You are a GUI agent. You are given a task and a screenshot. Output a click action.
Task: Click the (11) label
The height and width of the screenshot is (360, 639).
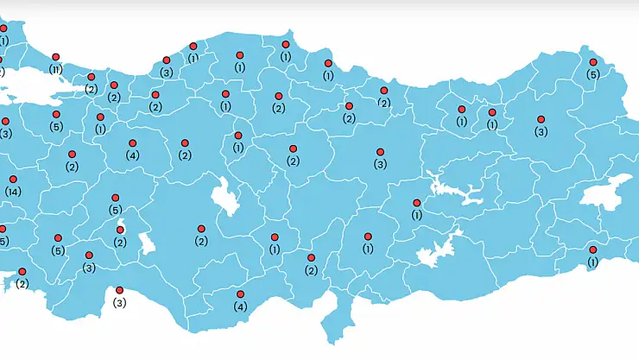click(x=55, y=69)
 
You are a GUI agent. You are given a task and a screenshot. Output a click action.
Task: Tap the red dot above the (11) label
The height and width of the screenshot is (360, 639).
click(x=55, y=57)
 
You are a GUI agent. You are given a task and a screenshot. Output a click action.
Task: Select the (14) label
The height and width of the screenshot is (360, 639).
click(x=12, y=191)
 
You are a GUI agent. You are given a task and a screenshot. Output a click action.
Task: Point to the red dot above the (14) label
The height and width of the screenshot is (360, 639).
click(x=13, y=180)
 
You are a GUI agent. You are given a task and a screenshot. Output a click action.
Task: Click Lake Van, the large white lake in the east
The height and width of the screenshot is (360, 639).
click(x=605, y=191)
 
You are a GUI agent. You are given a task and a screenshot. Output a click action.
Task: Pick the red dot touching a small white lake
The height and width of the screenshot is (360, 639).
click(x=121, y=230)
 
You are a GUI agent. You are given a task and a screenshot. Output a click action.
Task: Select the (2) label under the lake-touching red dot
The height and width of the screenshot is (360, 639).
click(x=120, y=243)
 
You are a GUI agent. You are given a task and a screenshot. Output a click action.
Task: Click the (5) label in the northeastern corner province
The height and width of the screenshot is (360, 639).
click(x=592, y=74)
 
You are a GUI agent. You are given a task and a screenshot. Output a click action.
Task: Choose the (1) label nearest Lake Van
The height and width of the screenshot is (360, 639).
click(x=592, y=262)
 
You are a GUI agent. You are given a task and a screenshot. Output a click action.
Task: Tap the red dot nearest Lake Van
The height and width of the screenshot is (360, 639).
click(x=592, y=249)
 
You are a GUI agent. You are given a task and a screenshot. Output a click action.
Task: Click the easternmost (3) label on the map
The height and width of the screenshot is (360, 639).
click(x=541, y=132)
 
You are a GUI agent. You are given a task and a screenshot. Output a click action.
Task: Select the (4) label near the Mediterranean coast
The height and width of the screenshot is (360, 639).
click(x=240, y=306)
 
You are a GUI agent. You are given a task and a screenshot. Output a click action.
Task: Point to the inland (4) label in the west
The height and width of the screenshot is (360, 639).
click(x=132, y=155)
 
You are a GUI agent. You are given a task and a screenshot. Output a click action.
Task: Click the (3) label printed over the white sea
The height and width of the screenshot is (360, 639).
click(x=119, y=303)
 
